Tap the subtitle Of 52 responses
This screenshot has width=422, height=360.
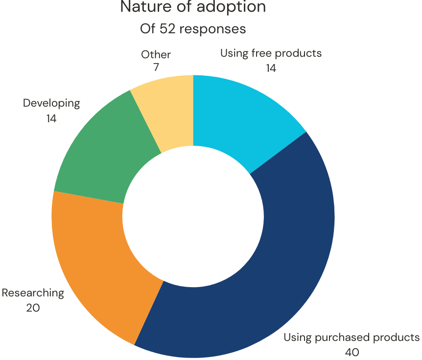click(x=193, y=29)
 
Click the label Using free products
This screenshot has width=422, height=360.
click(x=271, y=53)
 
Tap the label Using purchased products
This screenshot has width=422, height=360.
click(x=352, y=337)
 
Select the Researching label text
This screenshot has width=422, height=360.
click(x=33, y=293)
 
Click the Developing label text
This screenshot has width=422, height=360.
click(x=51, y=103)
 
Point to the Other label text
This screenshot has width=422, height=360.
click(x=156, y=54)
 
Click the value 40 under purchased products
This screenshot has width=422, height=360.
click(x=352, y=352)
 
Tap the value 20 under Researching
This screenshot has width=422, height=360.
click(x=33, y=308)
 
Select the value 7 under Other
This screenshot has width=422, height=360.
click(x=156, y=68)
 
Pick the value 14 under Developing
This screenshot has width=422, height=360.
click(x=51, y=118)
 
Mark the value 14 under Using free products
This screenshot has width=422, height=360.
click(x=271, y=68)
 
